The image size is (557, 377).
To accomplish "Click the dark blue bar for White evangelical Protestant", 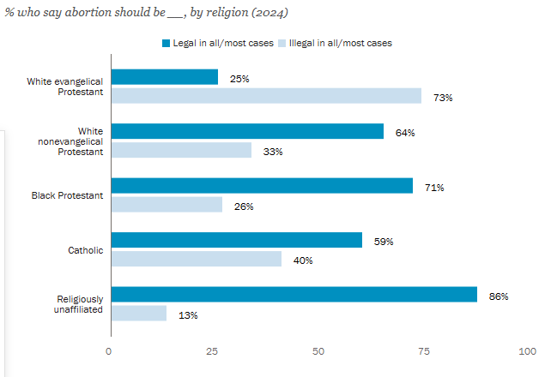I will coord(163,77).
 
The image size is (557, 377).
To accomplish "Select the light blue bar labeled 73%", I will coord(265,96).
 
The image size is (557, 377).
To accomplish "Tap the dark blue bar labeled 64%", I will coord(246,131).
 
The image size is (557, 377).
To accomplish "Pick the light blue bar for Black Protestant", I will coord(166,205).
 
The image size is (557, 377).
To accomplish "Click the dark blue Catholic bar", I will coord(236,240).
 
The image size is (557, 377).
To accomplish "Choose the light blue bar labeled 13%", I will coord(138,313).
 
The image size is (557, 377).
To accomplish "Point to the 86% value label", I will coord(499,296).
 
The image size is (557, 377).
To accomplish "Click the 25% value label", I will coord(239,79).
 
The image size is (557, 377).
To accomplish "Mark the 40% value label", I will coord(303,260).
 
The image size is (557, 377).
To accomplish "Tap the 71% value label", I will coord(434,188).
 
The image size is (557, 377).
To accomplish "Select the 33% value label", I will coord(273,152).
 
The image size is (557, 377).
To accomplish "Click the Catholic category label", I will coord(86,250).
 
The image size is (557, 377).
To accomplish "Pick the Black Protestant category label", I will coord(67,195).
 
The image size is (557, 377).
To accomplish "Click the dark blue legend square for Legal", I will coord(166,42).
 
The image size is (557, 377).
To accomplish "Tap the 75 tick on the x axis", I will coord(423,352).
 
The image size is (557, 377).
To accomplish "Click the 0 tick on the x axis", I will coord(109,352).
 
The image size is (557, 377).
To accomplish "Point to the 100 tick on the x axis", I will coord(528,352).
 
